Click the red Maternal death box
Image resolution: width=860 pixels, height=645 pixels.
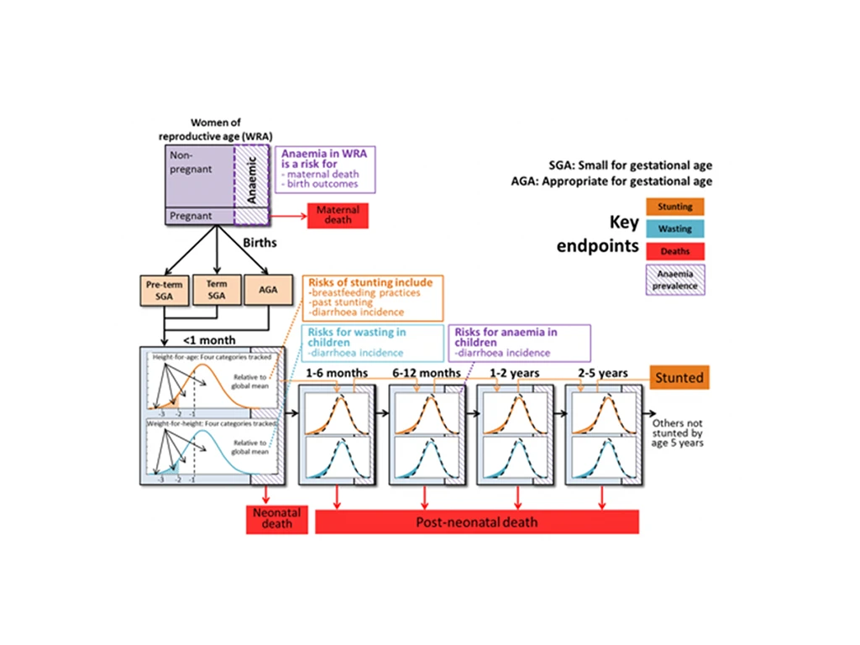pos(333,215)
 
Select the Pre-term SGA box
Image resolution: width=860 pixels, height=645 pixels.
pos(165,290)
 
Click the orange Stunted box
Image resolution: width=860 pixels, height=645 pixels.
pos(679,378)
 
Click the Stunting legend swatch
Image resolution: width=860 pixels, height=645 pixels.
pos(675,207)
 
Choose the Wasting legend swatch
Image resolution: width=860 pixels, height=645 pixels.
pos(675,228)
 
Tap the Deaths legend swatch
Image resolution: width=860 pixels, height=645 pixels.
pos(675,250)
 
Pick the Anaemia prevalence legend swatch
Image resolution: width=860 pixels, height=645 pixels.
pos(675,279)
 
